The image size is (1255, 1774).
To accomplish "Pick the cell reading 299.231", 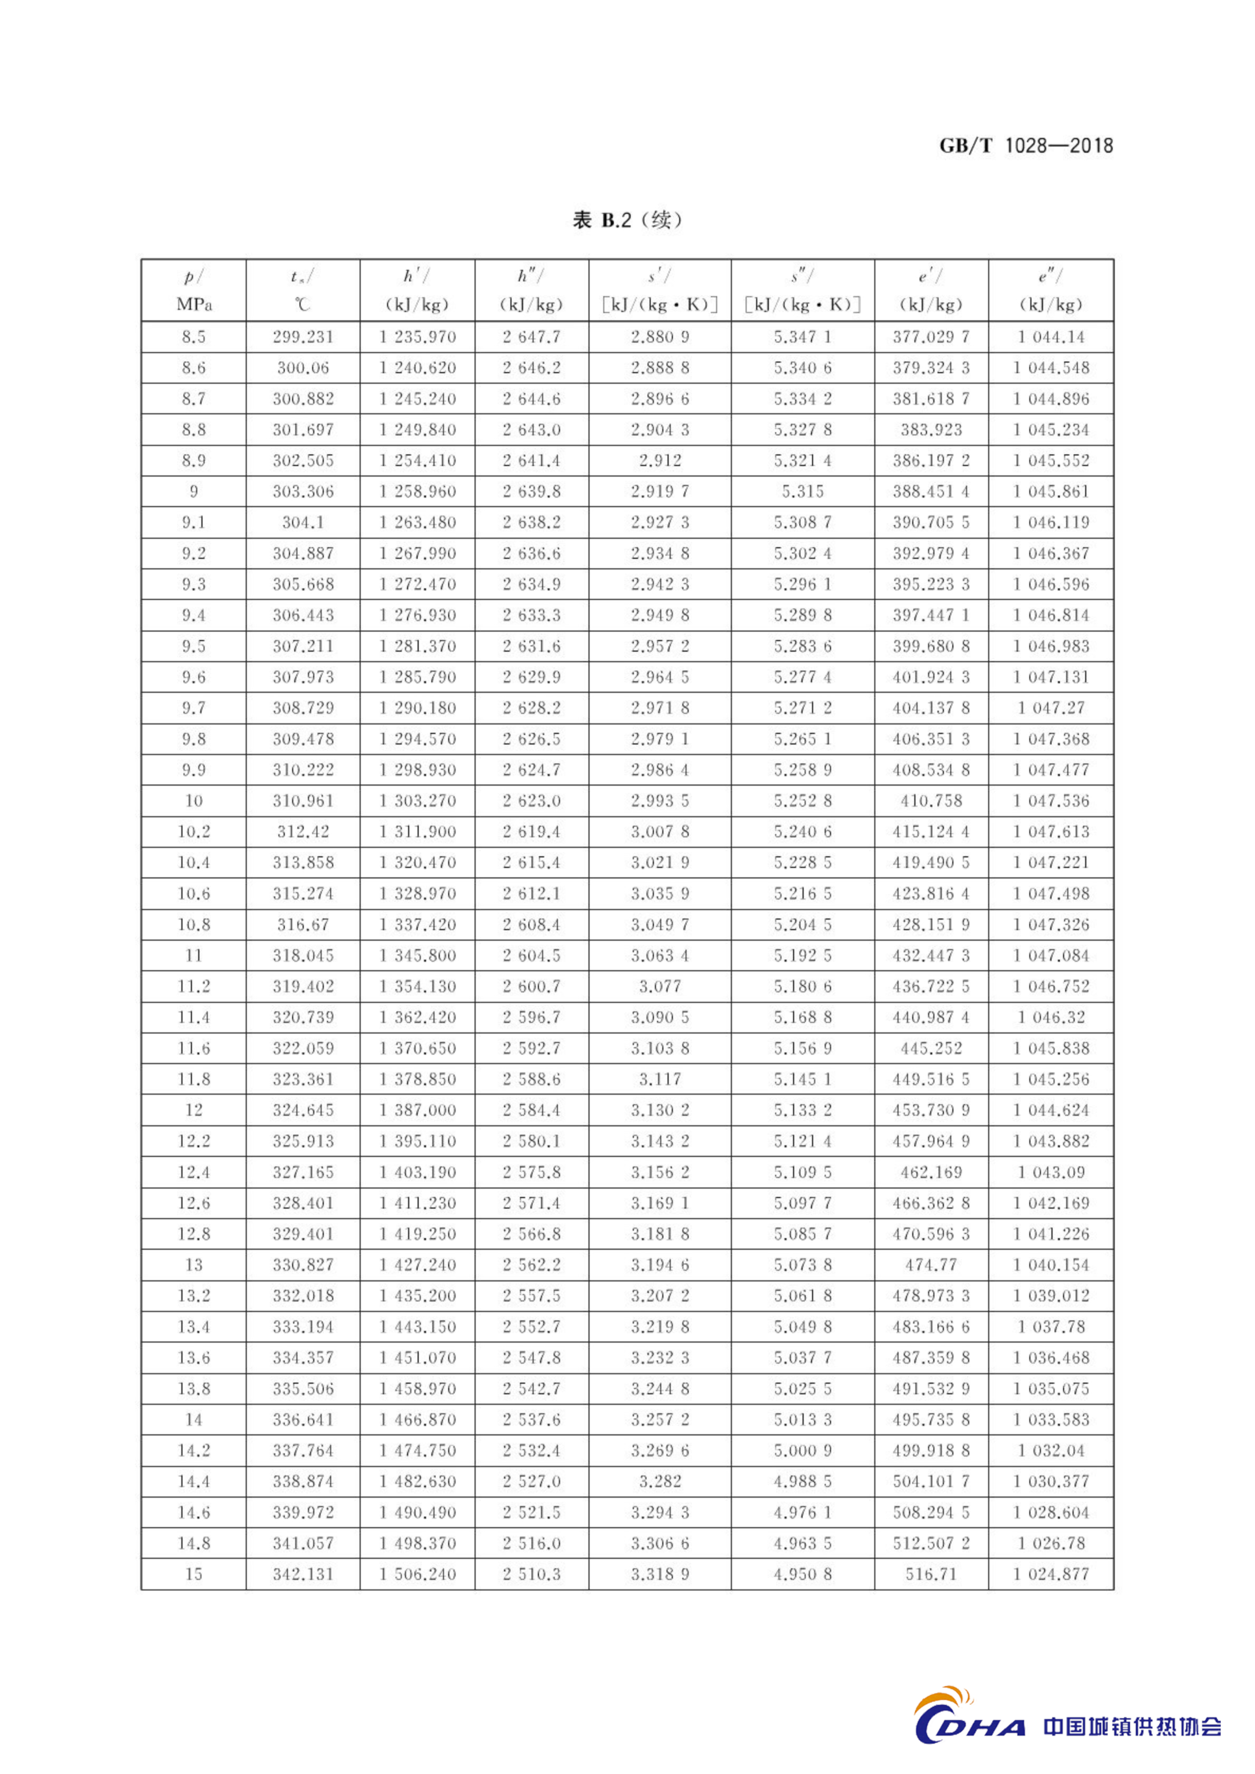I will click(x=303, y=337).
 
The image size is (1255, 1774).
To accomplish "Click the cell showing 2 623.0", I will click(x=532, y=800).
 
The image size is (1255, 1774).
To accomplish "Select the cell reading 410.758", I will click(x=931, y=800).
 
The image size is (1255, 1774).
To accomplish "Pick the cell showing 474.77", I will click(x=931, y=1265).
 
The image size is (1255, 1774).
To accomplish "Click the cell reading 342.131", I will click(x=303, y=1574).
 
